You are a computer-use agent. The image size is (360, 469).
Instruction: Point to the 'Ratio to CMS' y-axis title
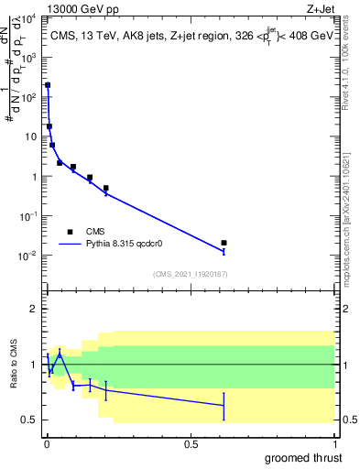coord(14,365)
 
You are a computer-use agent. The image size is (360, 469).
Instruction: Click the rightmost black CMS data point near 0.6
coord(224,243)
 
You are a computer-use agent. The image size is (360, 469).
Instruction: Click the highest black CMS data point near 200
coord(48,85)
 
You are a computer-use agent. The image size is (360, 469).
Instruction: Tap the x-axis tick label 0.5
coord(190,442)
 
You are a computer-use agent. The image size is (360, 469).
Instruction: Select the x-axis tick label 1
coord(333,442)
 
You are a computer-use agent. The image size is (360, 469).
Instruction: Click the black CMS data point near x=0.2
coord(105,188)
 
